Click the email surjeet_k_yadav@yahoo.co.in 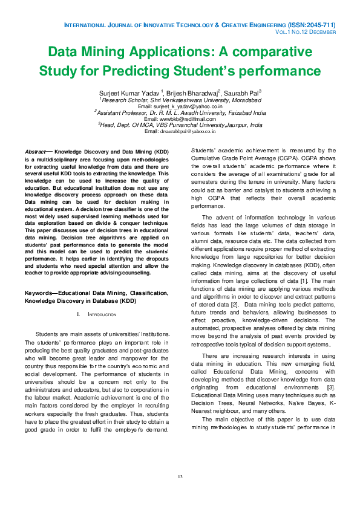pyautogui.click(x=180, y=106)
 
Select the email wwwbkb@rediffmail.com pyautogui.click(x=180, y=119)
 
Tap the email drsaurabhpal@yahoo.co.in pyautogui.click(x=180, y=131)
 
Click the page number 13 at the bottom pyautogui.click(x=180, y=478)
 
